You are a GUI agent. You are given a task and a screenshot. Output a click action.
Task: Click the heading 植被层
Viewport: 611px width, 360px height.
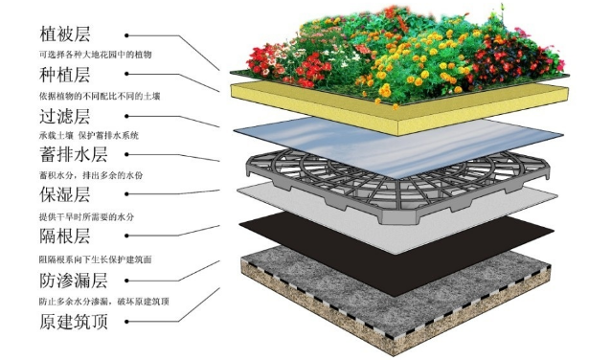[x=65, y=34]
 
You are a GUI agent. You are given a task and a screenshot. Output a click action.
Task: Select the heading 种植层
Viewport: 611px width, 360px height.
[x=65, y=74]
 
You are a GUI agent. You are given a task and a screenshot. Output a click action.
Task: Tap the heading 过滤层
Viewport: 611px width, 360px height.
[x=65, y=116]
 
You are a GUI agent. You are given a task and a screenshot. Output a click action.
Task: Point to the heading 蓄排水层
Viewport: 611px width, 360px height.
[x=74, y=154]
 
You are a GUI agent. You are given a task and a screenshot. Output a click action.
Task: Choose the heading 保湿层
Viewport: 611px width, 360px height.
[x=65, y=194]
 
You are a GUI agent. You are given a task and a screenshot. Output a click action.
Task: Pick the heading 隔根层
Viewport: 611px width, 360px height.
[x=65, y=236]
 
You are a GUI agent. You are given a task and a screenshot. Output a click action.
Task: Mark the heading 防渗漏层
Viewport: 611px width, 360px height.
[x=74, y=281]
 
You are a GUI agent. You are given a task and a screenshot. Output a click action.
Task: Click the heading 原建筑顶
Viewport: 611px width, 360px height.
[x=74, y=322]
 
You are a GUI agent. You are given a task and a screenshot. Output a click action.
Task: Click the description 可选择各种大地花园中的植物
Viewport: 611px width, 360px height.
[x=95, y=55]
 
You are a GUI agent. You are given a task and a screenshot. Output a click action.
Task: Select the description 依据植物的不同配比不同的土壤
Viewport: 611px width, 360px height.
[x=100, y=96]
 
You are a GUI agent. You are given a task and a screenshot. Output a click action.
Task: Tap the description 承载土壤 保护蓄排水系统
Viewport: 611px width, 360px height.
[x=89, y=136]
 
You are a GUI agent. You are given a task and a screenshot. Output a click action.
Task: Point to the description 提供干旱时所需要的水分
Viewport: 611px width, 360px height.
[x=86, y=217]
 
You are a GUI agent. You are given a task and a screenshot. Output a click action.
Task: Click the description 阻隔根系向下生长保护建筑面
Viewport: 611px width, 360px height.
[x=95, y=259]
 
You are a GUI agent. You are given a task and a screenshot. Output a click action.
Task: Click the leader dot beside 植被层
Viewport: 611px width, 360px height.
[x=126, y=35]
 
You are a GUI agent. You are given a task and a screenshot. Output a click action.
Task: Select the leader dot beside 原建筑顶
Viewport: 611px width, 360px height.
[x=126, y=322]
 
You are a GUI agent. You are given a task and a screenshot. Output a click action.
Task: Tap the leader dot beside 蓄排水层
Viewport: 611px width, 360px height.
[x=126, y=154]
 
